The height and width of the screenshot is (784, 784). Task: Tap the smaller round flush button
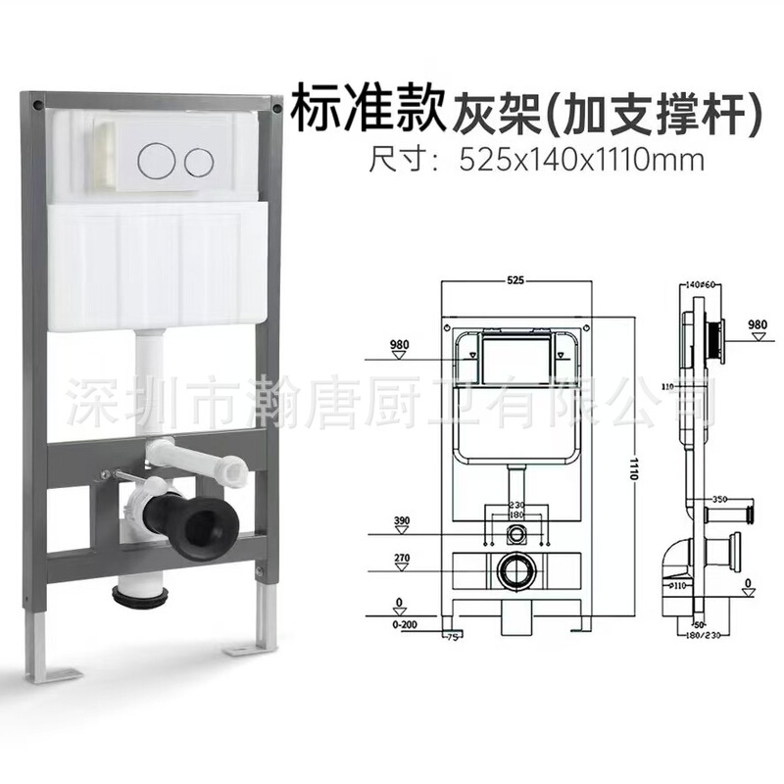pyautogui.click(x=201, y=160)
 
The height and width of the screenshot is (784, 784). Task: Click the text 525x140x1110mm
pyautogui.click(x=582, y=160)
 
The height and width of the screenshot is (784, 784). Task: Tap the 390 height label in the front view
pyautogui.click(x=401, y=521)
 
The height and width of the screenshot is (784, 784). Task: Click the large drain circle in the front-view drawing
pyautogui.click(x=516, y=569)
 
